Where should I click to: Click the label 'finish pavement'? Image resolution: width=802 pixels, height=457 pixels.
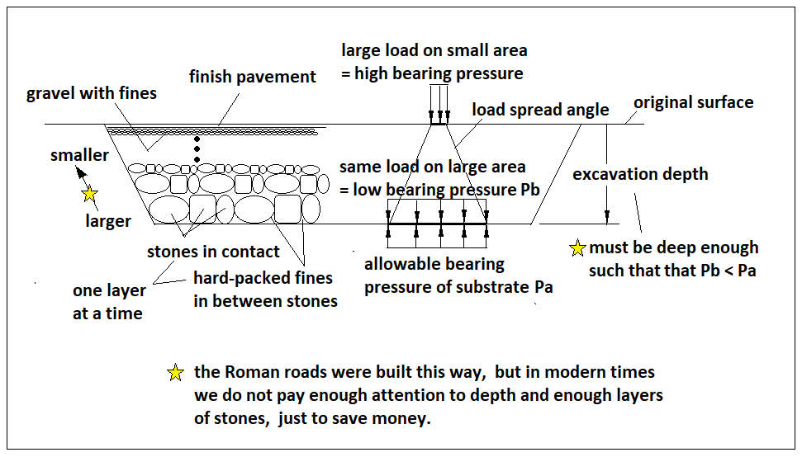point(252,77)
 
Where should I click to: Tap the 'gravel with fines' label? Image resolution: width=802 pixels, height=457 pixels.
point(91,93)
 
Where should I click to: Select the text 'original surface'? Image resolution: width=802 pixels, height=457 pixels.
point(693,102)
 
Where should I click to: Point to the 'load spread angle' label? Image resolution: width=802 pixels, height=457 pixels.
point(540,110)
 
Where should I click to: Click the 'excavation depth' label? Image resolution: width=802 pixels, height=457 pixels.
point(640,174)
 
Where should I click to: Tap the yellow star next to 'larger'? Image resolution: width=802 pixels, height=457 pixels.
point(89,195)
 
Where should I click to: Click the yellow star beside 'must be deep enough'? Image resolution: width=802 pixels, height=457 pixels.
point(578,247)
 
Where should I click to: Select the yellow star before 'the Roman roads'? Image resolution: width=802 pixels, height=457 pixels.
point(175,373)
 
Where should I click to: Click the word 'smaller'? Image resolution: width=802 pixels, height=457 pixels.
point(79,155)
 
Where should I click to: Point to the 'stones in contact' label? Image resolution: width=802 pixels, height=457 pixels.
point(213,252)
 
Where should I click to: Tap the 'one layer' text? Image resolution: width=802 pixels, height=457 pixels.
point(109,290)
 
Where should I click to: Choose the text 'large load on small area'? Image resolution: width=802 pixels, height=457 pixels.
point(434,50)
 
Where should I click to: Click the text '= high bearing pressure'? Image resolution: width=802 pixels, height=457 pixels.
point(432,73)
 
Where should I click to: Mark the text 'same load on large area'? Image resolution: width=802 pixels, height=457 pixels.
point(432,167)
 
